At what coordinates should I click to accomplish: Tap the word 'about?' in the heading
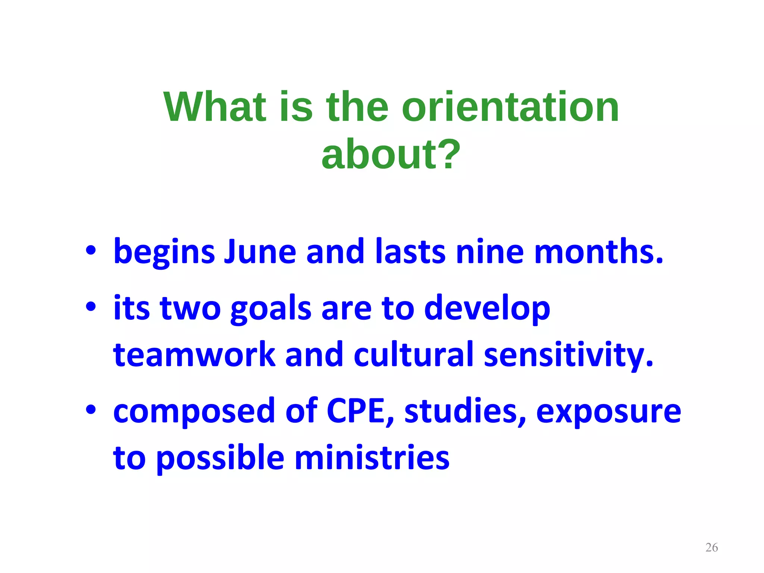tap(391, 154)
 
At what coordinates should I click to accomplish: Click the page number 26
tap(711, 547)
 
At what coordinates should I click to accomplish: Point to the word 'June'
tap(260, 252)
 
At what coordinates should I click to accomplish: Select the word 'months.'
tap(599, 252)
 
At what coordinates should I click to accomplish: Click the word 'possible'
tap(220, 459)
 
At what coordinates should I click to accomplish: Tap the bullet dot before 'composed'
tap(91, 410)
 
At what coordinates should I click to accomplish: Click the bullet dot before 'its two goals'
tap(91, 307)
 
